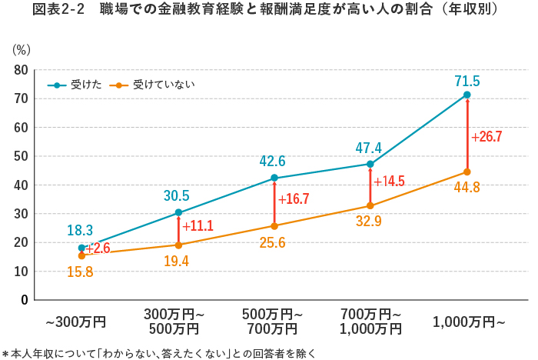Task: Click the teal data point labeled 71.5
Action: [x=467, y=95]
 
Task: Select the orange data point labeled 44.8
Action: [x=467, y=172]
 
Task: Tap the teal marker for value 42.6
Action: [x=274, y=178]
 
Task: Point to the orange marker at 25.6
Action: [x=274, y=226]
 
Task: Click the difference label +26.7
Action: [x=487, y=137]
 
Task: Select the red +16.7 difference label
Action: [x=294, y=199]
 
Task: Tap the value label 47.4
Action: [x=370, y=147]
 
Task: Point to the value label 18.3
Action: [x=80, y=230]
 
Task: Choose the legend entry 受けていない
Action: [x=153, y=84]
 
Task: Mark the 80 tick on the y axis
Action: [x=21, y=70]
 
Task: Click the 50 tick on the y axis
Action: [x=21, y=156]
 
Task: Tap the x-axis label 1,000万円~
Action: [x=469, y=322]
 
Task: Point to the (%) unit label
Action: [x=22, y=50]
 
